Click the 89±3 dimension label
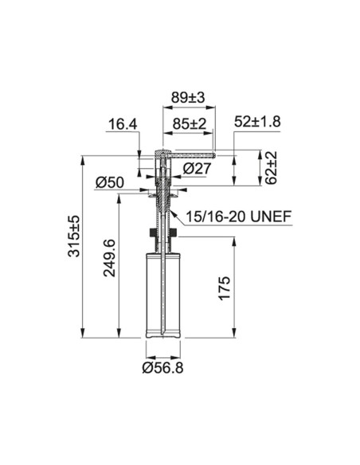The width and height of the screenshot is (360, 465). (x=188, y=97)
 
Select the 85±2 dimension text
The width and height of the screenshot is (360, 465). (x=190, y=123)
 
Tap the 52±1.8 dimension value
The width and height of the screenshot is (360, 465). (x=257, y=122)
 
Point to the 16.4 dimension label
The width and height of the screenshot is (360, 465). (x=123, y=124)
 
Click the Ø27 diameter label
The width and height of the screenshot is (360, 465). (x=198, y=169)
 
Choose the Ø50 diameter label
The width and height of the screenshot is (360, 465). (x=110, y=182)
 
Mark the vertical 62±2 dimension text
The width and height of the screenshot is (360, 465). (x=271, y=167)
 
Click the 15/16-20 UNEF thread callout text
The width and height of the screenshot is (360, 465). (x=238, y=217)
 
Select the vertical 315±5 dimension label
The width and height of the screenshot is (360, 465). (x=74, y=236)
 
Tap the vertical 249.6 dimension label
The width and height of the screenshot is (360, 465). (x=109, y=257)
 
